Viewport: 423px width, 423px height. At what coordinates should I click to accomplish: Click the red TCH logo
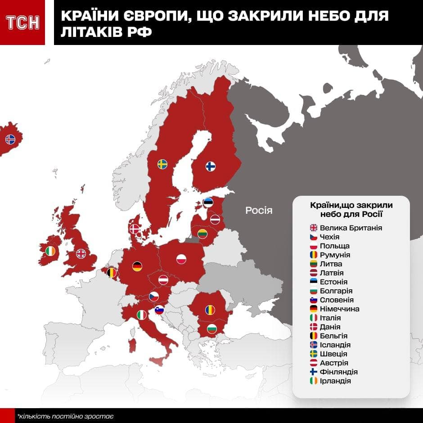tap(22, 22)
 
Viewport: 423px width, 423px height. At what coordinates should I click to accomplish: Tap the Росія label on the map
tap(259, 210)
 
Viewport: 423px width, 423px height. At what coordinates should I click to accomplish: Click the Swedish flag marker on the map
tap(162, 164)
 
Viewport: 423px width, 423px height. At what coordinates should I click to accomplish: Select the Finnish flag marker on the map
tap(210, 166)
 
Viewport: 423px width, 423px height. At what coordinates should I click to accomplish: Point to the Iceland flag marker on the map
tap(10, 139)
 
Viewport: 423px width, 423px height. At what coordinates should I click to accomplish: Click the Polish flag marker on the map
tap(181, 259)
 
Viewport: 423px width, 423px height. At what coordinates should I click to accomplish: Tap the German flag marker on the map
tap(137, 266)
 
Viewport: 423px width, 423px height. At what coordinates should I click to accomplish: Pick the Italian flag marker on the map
tap(142, 315)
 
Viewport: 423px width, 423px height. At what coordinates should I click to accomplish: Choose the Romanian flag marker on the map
tap(210, 310)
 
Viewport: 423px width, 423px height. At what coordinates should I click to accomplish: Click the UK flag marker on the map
tap(81, 254)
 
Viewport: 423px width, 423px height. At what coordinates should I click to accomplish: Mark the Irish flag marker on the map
tap(50, 251)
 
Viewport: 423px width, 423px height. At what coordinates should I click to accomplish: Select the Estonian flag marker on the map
tap(208, 202)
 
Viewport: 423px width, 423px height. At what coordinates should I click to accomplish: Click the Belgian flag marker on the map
tap(112, 272)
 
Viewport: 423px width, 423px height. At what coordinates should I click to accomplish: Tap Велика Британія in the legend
tap(351, 228)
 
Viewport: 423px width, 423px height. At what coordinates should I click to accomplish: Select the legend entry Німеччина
tap(339, 309)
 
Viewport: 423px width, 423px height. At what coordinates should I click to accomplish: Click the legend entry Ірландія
tap(335, 381)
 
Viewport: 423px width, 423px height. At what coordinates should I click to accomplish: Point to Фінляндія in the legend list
tap(338, 372)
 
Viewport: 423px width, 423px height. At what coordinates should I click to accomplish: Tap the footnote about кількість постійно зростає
tap(65, 416)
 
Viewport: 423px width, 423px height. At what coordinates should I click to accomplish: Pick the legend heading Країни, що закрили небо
tap(351, 209)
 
